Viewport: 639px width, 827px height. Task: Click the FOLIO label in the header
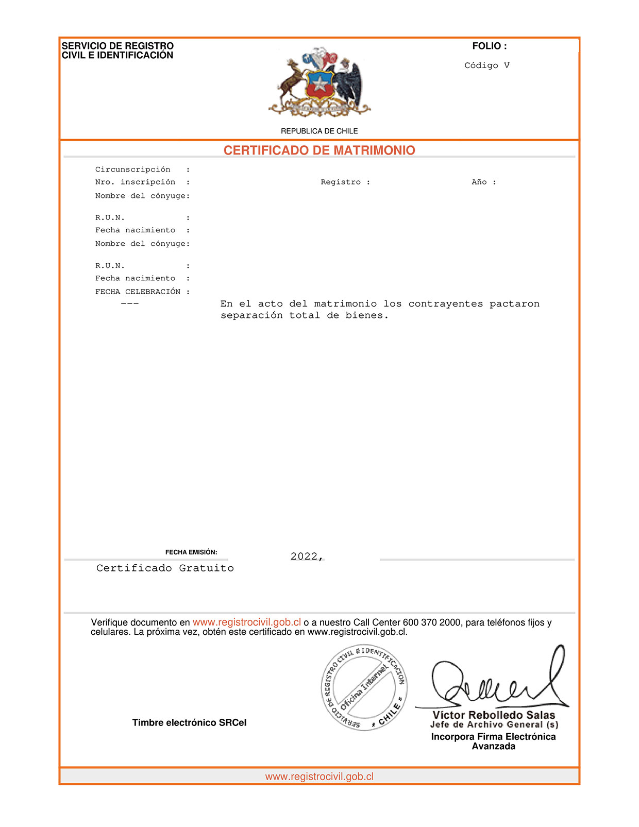pyautogui.click(x=489, y=46)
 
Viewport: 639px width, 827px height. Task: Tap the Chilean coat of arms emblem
pyautogui.click(x=320, y=81)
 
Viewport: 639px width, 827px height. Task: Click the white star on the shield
pyautogui.click(x=320, y=83)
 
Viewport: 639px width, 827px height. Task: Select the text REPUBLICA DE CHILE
pyautogui.click(x=319, y=131)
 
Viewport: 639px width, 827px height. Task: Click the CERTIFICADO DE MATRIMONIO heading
pyautogui.click(x=319, y=150)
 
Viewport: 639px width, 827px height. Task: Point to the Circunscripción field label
pyautogui.click(x=132, y=170)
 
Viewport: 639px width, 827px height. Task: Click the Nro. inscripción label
pyautogui.click(x=135, y=182)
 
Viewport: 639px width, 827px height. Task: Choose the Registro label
pyautogui.click(x=341, y=182)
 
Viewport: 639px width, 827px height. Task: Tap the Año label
pyautogui.click(x=479, y=182)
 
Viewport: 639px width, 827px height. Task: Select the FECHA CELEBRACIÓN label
pyautogui.click(x=138, y=292)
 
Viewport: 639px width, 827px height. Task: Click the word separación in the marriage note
pyautogui.click(x=251, y=315)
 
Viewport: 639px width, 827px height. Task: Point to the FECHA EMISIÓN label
pyautogui.click(x=191, y=552)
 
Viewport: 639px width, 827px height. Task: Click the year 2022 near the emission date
pyautogui.click(x=304, y=556)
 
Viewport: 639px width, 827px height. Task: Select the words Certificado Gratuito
pyautogui.click(x=165, y=568)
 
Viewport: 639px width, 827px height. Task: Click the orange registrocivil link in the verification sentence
pyautogui.click(x=247, y=622)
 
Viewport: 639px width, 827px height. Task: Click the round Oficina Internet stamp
pyautogui.click(x=364, y=687)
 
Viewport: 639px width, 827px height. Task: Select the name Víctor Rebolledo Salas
pyautogui.click(x=494, y=715)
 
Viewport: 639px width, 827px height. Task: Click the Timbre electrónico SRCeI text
pyautogui.click(x=189, y=723)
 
